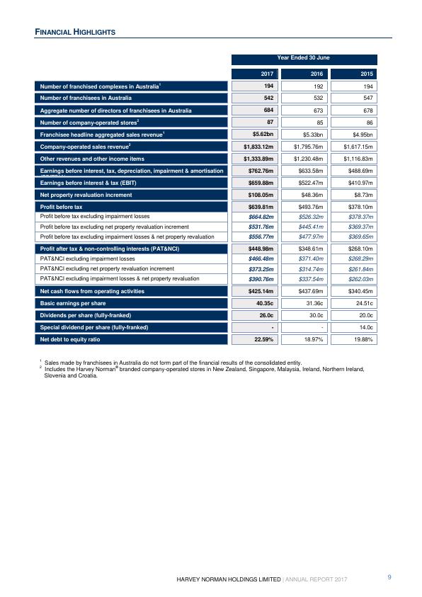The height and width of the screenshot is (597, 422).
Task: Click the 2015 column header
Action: coord(359,73)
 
